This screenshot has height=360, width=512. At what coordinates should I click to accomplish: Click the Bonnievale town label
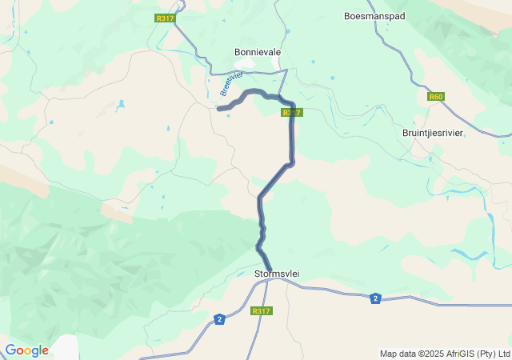(257, 52)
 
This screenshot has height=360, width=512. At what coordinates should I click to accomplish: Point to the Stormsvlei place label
(276, 274)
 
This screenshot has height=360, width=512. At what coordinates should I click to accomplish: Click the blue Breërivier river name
(231, 84)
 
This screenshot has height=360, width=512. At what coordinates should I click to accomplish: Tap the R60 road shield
(435, 97)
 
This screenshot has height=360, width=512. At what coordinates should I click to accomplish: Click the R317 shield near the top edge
(165, 18)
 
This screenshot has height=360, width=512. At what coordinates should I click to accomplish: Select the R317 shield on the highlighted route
(292, 113)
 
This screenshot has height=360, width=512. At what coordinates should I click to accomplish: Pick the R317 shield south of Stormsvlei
(261, 311)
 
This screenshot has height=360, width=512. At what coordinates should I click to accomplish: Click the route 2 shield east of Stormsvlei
(374, 298)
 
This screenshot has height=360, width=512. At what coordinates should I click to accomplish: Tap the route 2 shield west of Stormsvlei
(219, 319)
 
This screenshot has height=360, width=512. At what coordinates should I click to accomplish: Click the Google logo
(26, 350)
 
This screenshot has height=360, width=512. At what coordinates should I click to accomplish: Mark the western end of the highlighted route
(218, 109)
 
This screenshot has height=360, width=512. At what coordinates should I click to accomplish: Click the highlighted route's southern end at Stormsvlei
(270, 270)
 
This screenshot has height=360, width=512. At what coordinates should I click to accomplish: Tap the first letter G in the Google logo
(10, 350)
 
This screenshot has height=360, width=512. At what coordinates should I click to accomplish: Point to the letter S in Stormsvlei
(257, 274)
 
